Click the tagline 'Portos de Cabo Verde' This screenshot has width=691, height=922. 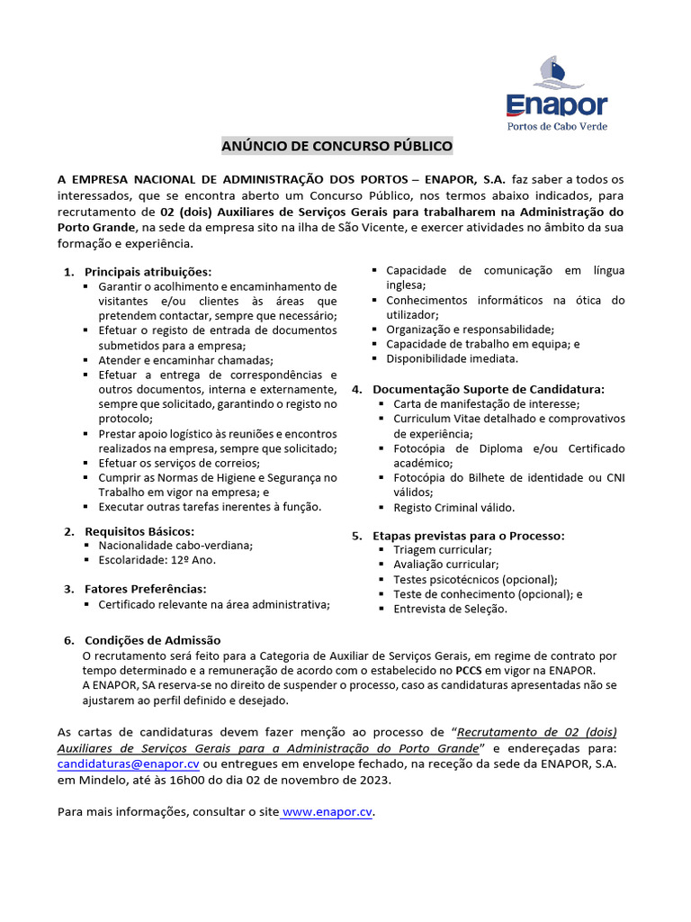(x=557, y=126)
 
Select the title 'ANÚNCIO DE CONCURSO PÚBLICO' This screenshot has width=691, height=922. (x=338, y=146)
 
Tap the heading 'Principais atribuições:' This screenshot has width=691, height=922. (x=148, y=271)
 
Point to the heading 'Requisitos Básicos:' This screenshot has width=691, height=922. (x=139, y=530)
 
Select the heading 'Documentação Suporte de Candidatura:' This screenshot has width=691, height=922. (x=489, y=389)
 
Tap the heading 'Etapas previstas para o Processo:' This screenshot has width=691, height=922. (x=469, y=536)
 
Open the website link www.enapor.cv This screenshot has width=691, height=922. (x=328, y=811)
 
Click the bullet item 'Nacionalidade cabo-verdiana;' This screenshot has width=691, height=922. (x=175, y=545)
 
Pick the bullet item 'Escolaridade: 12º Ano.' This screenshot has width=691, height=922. (x=157, y=559)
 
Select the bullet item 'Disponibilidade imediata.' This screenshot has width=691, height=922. (x=452, y=358)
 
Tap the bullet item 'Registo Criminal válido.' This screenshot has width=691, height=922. (x=454, y=507)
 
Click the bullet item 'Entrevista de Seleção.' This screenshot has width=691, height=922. (x=450, y=609)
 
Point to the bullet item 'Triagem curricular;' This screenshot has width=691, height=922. (x=442, y=549)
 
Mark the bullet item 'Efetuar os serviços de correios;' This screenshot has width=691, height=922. (x=179, y=463)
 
